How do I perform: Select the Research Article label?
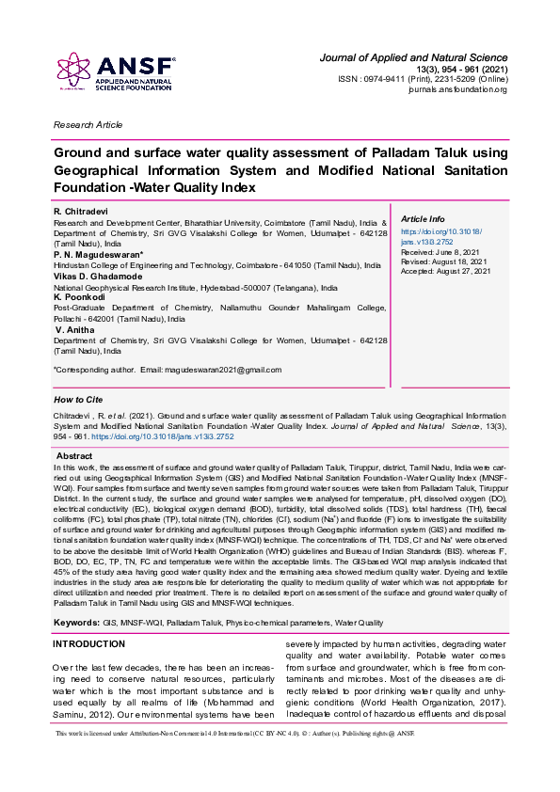click(88, 124)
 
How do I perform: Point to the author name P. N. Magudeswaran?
click(99, 254)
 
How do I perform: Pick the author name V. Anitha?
click(75, 330)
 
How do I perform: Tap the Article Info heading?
click(424, 218)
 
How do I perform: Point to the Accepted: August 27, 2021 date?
click(446, 271)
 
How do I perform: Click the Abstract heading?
click(74, 456)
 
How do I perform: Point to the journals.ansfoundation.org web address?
click(457, 89)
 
